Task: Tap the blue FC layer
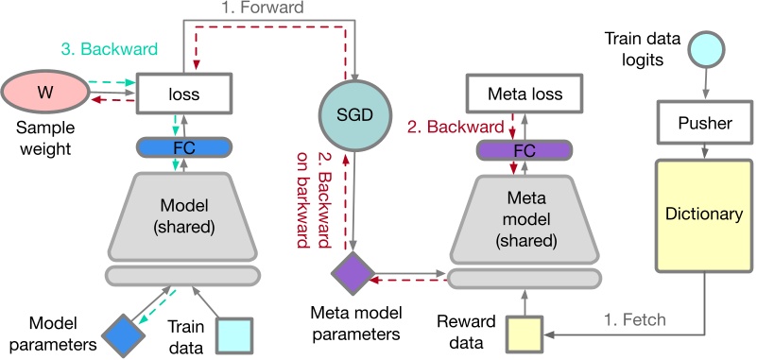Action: tap(183, 148)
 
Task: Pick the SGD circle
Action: tap(355, 113)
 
